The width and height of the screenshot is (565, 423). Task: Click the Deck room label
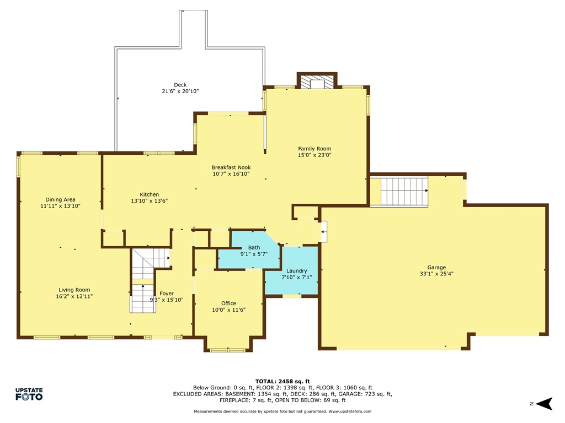tap(180, 85)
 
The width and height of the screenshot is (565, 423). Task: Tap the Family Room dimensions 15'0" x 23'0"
tap(315, 155)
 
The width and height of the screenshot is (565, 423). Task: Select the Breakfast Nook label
tap(231, 167)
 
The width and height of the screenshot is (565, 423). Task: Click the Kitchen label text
tap(149, 194)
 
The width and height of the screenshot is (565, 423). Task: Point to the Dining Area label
tap(60, 199)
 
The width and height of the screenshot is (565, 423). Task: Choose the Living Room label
tap(74, 290)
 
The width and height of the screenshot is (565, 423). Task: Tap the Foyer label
tap(167, 294)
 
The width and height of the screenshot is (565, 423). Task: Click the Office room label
tap(228, 303)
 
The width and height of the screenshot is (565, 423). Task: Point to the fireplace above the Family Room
tap(317, 82)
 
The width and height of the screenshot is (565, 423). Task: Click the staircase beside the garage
tap(404, 191)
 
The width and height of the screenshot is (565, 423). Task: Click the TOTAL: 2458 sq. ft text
tap(282, 381)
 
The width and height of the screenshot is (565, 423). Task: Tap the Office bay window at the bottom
tap(228, 350)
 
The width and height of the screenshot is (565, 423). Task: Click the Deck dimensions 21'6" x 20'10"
tap(180, 91)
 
